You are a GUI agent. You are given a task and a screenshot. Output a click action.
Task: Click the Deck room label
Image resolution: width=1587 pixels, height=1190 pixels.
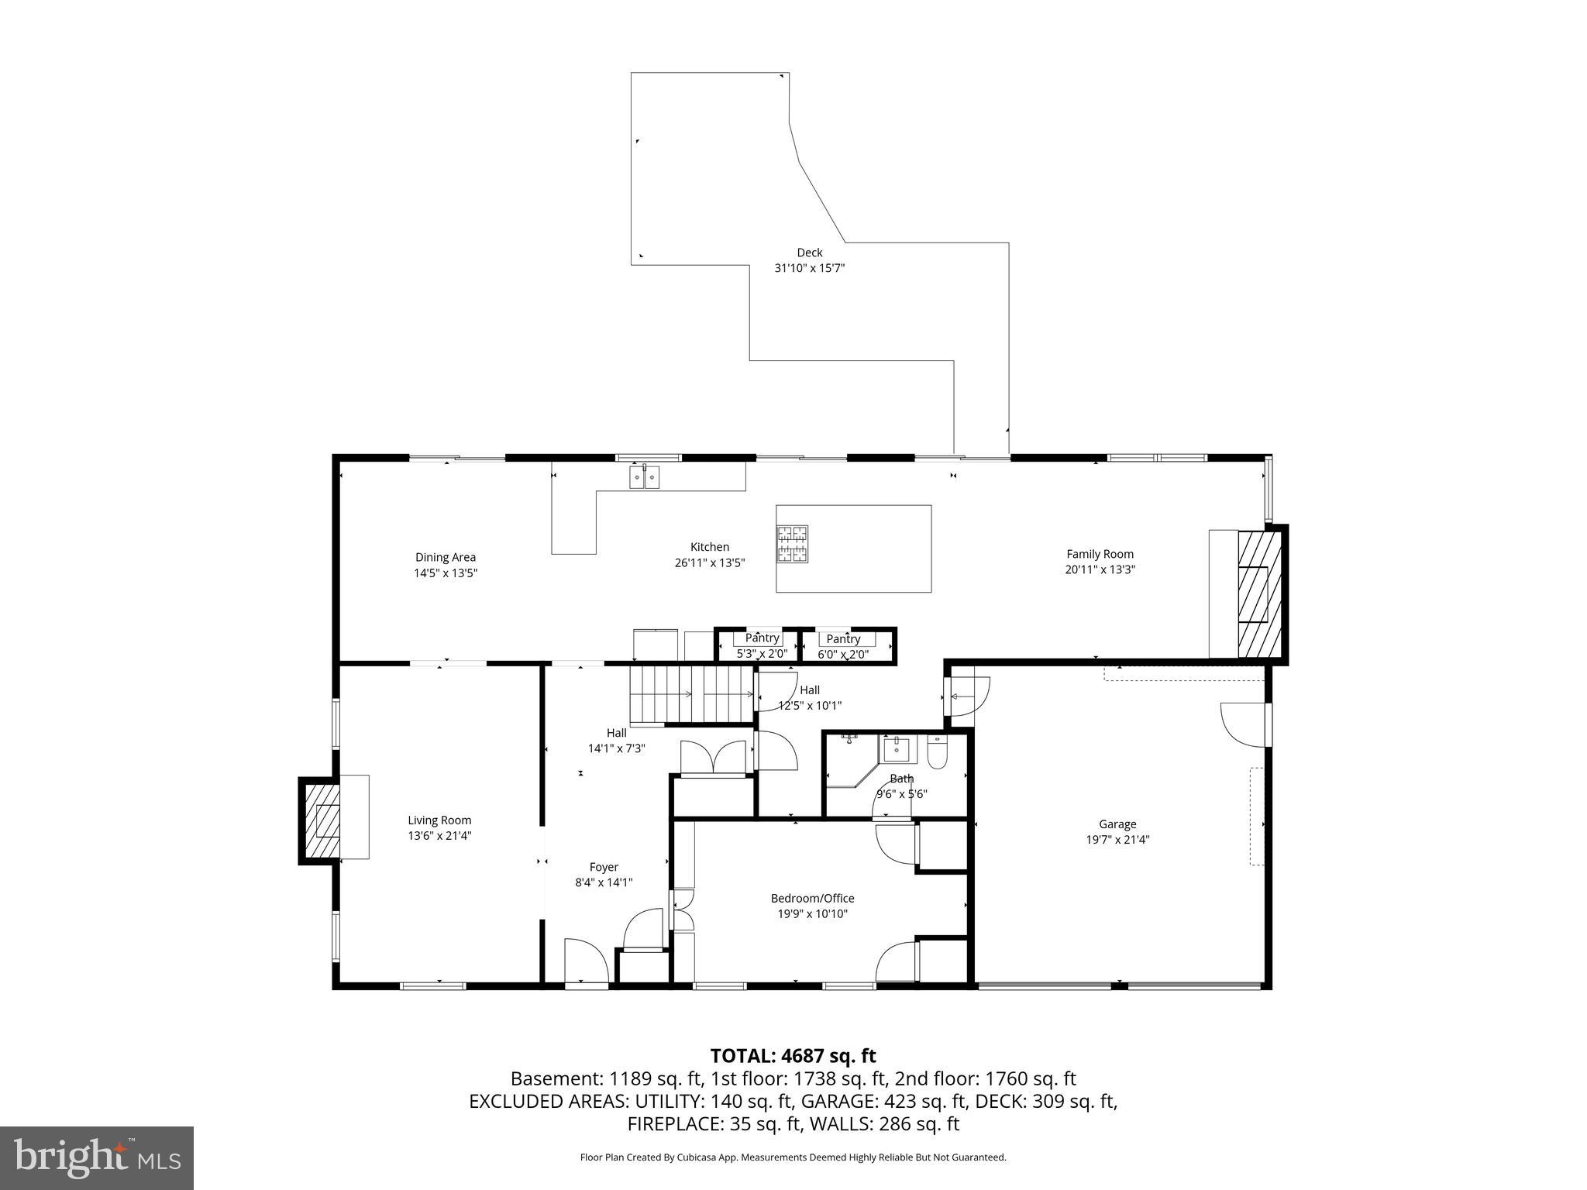click(809, 253)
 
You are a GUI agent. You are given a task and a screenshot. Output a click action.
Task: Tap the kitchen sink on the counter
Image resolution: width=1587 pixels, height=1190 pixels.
click(644, 477)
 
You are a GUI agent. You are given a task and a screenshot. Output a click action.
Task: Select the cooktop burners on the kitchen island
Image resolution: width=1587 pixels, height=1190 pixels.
click(792, 543)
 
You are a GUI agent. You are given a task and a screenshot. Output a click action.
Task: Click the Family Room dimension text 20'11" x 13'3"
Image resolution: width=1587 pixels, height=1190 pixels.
click(1100, 569)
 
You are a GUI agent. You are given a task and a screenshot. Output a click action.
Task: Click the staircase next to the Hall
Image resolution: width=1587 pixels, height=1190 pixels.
click(690, 694)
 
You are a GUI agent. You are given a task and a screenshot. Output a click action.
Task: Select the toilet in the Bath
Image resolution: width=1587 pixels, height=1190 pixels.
click(937, 753)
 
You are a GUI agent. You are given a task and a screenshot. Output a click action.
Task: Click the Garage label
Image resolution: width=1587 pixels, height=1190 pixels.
click(1117, 824)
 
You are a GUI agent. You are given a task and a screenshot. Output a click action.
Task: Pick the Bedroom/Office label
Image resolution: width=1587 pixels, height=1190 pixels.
click(812, 898)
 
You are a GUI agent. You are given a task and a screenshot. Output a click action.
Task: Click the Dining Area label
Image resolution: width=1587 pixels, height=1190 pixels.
click(445, 557)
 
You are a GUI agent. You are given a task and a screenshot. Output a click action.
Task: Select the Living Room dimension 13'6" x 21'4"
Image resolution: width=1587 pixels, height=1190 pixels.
click(439, 836)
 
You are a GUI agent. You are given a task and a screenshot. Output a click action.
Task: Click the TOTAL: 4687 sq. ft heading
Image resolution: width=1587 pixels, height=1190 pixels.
click(793, 1056)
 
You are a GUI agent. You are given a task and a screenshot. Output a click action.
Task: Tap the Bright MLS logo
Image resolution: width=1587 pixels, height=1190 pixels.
click(97, 1158)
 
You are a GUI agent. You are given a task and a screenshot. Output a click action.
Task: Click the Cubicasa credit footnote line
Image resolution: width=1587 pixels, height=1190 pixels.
click(793, 1157)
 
